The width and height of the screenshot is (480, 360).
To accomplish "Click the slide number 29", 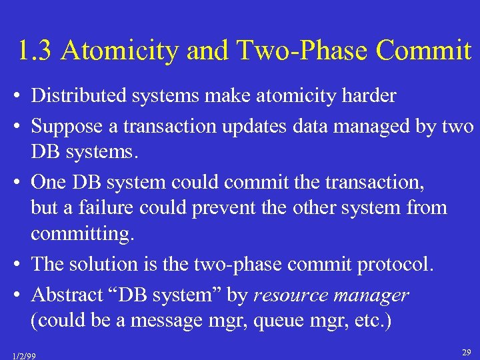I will (467, 351).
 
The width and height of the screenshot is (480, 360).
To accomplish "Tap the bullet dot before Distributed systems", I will (14, 97).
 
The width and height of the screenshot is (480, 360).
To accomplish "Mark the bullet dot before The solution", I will (14, 265).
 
